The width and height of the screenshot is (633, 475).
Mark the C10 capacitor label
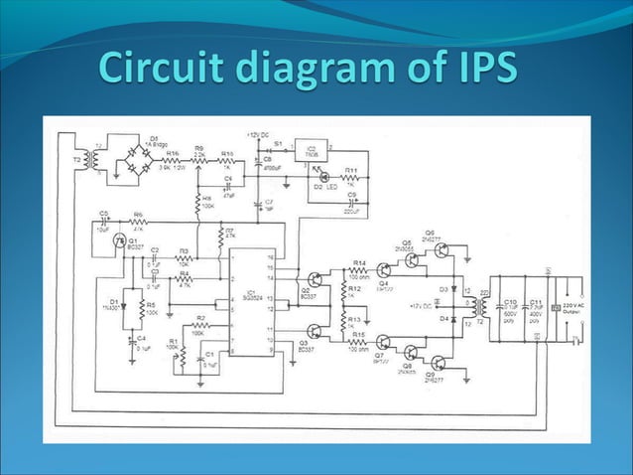click(510, 301)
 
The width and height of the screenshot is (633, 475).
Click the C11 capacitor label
click(536, 301)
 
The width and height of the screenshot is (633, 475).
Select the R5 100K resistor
click(141, 307)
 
